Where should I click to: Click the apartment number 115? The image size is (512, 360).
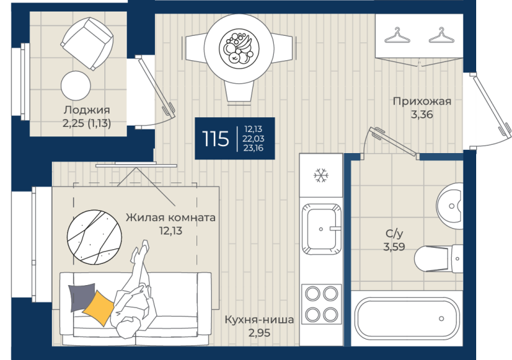[x=215, y=138]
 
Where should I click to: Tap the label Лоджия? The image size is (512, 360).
[x=87, y=110]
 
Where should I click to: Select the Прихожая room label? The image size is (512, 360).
[x=422, y=101]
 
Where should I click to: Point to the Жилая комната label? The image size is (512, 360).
[x=171, y=217]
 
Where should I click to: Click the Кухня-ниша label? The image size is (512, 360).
[x=259, y=319]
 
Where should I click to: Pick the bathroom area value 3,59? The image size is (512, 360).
[x=394, y=247]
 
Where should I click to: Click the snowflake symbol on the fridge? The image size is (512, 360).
[x=321, y=176]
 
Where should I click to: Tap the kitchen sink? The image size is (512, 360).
[x=321, y=229]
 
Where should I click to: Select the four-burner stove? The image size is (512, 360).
[x=321, y=304]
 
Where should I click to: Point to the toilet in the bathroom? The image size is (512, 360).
[x=438, y=258]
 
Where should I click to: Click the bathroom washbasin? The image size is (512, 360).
[x=450, y=206]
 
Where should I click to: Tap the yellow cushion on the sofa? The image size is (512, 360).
[x=98, y=308]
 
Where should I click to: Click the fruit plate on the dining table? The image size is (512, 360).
[x=239, y=48]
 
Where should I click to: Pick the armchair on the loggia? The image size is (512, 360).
[x=87, y=44]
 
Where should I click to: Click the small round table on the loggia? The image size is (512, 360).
[x=76, y=86]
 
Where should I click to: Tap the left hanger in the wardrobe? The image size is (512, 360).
[x=397, y=36]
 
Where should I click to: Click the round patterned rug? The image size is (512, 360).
[x=94, y=237]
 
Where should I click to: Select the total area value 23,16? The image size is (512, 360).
[x=253, y=148]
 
